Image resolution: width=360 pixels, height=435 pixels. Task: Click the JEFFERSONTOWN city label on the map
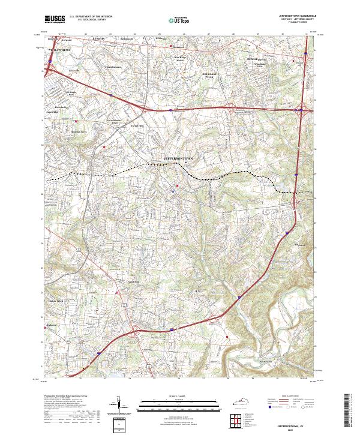pos(181,159)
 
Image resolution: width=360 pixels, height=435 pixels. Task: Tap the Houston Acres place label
pos(63,130)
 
